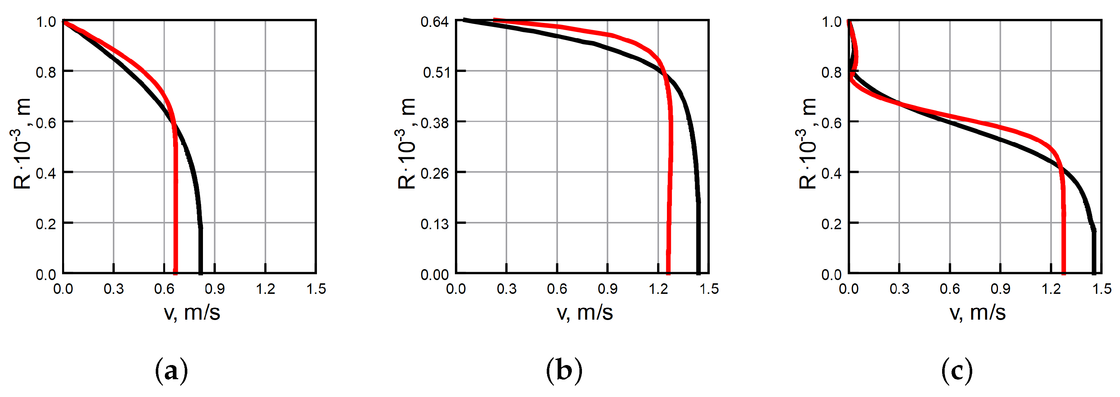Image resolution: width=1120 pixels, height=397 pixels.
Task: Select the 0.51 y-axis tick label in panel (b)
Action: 436,72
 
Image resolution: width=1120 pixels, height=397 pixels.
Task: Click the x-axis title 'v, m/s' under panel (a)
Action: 192,312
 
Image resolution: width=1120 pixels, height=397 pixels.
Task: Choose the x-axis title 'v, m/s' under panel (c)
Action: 977,312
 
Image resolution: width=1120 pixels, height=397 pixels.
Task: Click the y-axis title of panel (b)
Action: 407,143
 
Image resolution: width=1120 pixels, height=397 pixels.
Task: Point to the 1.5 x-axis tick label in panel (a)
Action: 316,289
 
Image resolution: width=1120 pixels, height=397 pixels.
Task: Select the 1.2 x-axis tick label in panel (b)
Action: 658,289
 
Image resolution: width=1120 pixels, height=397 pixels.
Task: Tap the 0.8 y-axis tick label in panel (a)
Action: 46,72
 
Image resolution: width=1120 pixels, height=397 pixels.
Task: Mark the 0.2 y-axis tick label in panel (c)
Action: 831,224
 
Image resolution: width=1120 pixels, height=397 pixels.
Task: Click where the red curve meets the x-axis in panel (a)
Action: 175,273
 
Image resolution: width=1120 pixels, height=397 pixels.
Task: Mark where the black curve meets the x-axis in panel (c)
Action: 1093,273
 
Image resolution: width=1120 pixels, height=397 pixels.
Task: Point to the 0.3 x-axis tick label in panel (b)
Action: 506,289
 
